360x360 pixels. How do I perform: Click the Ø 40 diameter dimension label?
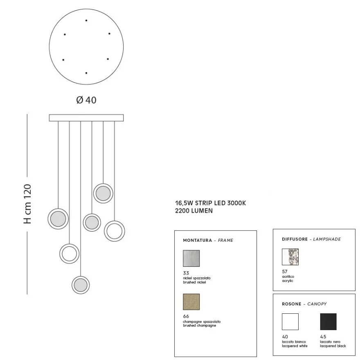pyautogui.click(x=86, y=100)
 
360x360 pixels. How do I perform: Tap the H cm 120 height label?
pyautogui.click(x=27, y=204)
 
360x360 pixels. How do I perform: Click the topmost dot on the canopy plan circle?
pyautogui.click(x=86, y=20)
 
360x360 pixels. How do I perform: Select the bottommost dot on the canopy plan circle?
pyautogui.click(x=86, y=73)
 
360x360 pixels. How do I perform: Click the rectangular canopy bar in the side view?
pyautogui.click(x=86, y=118)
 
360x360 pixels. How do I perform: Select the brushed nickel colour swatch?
pyautogui.click(x=191, y=258)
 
